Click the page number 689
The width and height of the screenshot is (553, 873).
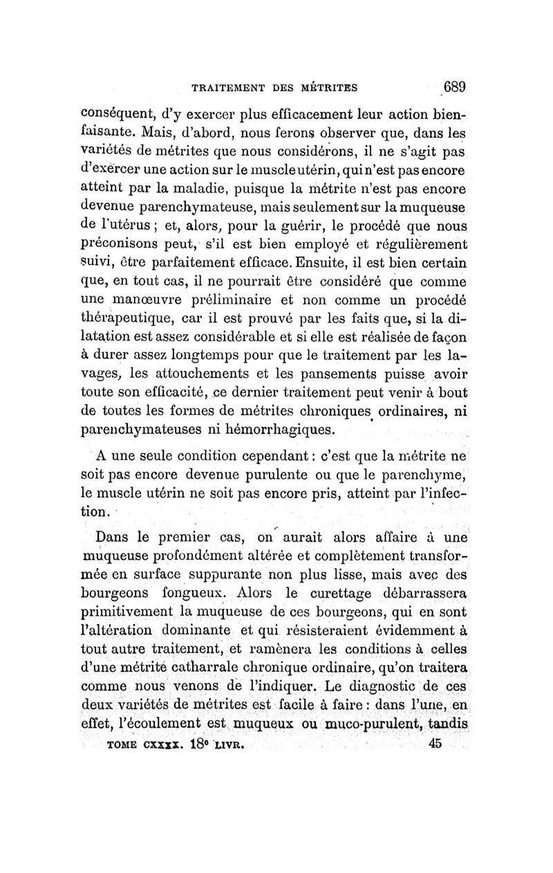point(456,88)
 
